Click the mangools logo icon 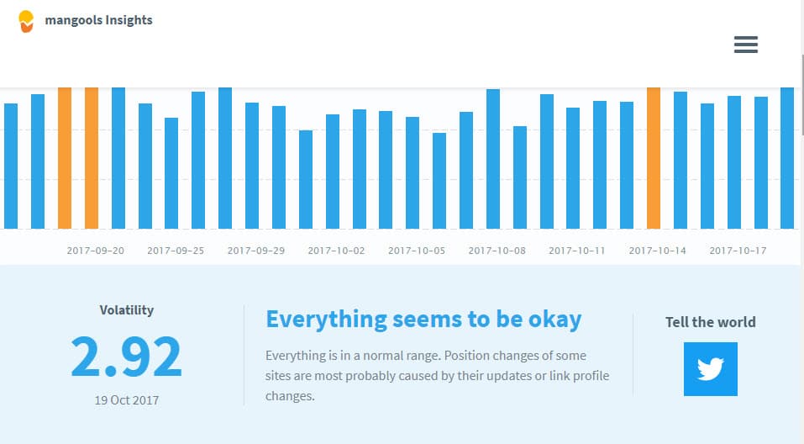(x=26, y=22)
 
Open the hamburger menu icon (x=746, y=45)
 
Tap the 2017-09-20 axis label (x=96, y=251)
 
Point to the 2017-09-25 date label (x=176, y=251)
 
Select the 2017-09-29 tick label (x=256, y=251)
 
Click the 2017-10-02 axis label (x=336, y=251)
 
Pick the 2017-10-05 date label (x=417, y=251)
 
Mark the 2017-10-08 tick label (x=497, y=251)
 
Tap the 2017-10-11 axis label (x=577, y=251)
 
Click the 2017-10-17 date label (x=738, y=251)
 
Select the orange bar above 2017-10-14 (x=654, y=158)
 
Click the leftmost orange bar (x=65, y=158)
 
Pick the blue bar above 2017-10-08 (x=493, y=159)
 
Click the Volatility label (x=127, y=310)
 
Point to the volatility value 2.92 (x=126, y=357)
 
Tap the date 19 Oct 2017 (x=127, y=400)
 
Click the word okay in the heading (x=555, y=320)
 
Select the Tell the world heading (x=711, y=322)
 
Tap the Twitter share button (x=711, y=369)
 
